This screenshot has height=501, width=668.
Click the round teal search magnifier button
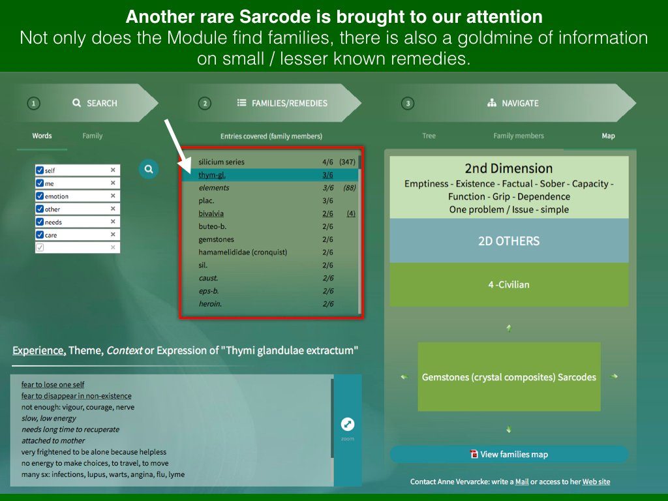click(149, 169)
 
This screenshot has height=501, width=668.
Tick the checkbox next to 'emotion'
click(40, 196)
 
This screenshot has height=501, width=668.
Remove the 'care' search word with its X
click(113, 234)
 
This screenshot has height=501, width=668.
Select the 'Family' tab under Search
click(93, 136)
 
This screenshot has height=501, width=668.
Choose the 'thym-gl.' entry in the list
click(212, 175)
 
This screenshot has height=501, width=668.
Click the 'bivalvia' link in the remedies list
click(211, 213)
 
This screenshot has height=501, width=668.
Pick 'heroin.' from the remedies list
click(210, 304)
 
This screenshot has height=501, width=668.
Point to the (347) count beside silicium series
click(347, 162)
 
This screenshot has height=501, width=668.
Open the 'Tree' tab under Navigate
click(429, 136)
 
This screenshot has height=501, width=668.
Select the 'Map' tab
click(608, 136)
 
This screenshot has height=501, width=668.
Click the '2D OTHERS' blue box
click(509, 241)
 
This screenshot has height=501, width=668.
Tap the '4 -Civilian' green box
click(509, 284)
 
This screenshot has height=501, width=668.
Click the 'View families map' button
click(509, 454)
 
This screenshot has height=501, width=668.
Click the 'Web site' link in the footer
click(596, 481)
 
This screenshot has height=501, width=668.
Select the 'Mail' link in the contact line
click(522, 481)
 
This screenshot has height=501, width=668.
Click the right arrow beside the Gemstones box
click(614, 376)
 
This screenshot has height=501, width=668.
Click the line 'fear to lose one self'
click(53, 384)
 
